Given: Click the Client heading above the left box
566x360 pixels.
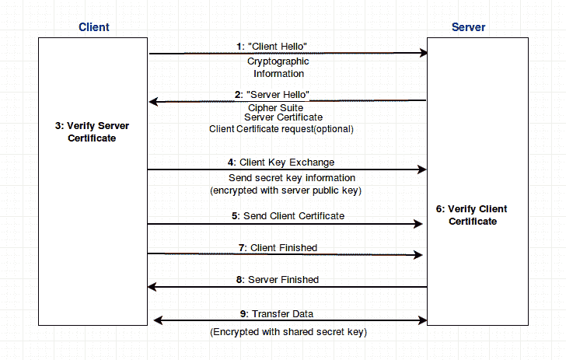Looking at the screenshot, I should pos(94,27).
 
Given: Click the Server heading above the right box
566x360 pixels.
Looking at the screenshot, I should pos(468,27).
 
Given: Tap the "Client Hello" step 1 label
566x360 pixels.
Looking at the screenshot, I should pos(278,46).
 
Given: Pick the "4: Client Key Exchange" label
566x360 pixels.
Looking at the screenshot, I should pos(281,163).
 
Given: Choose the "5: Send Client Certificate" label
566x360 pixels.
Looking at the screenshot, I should pos(287,215).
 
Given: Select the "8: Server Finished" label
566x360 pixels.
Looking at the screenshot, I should pos(278,279).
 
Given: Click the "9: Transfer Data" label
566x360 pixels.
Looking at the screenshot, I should pos(277,313).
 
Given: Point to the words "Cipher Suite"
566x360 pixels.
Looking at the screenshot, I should pos(275,107).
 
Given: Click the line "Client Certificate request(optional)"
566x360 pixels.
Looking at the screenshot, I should pos(281,129).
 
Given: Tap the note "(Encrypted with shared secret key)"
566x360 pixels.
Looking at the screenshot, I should pos(288,332).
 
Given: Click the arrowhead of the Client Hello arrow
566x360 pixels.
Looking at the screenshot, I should pos(424,53).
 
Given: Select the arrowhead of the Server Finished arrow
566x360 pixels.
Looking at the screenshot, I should pos(152,287).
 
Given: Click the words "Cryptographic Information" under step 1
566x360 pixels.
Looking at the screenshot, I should pos(278,68).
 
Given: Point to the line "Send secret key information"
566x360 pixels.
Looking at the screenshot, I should pos(285,178).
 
